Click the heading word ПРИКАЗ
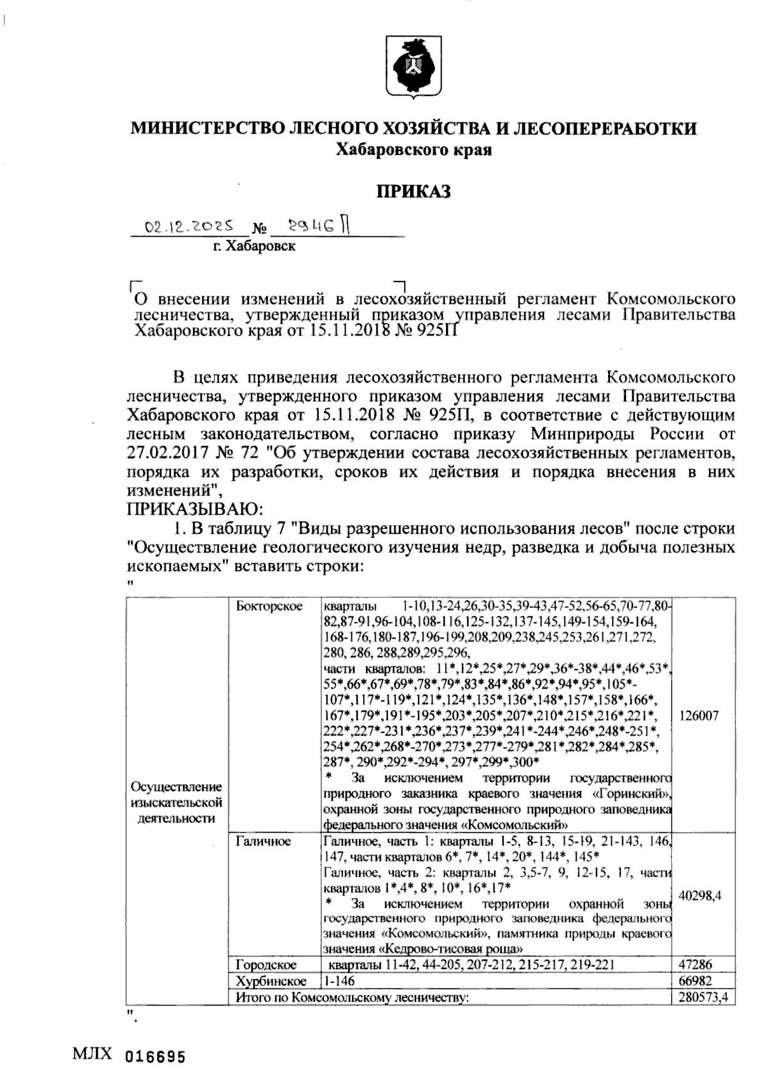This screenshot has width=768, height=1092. coord(413,191)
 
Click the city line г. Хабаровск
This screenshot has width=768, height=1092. coord(254,246)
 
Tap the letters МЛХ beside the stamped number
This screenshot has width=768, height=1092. coord(95,1054)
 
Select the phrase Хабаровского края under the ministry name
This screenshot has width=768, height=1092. coord(413,151)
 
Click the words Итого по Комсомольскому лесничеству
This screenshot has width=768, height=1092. coord(349,997)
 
